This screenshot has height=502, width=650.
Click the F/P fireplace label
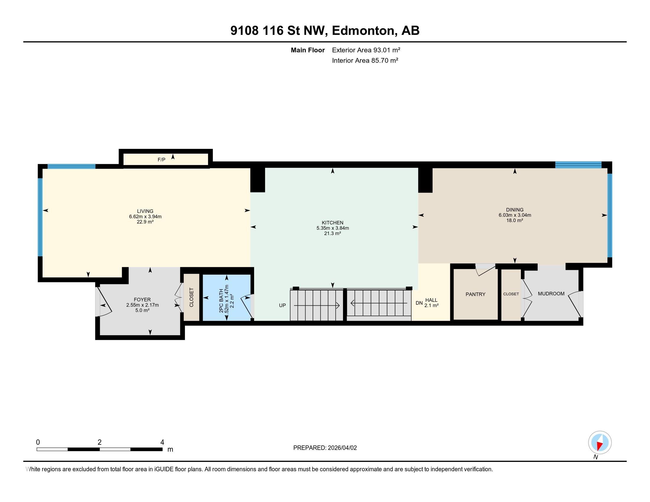click(161, 160)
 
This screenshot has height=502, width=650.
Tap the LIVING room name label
click(145, 211)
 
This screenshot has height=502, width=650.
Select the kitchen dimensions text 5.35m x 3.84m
click(332, 228)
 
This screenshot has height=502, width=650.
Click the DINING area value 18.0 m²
click(515, 220)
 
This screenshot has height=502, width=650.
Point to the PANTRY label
click(475, 294)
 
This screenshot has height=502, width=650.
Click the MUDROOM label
click(551, 294)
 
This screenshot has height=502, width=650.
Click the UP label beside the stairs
click(282, 305)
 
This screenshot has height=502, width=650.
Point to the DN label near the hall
click(419, 303)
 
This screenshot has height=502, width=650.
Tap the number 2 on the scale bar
click(99, 442)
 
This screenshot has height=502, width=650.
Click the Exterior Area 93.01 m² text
click(366, 50)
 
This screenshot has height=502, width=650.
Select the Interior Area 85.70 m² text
click(365, 60)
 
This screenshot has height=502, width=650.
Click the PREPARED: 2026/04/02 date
click(325, 448)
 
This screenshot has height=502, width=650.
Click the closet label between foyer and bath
click(191, 297)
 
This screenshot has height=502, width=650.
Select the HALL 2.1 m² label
click(431, 303)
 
